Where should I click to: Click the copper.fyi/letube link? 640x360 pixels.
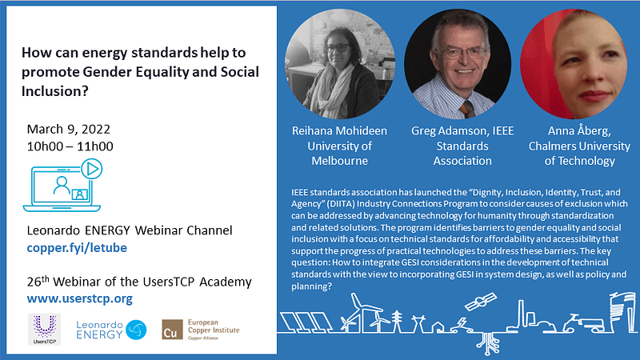click(x=77, y=248)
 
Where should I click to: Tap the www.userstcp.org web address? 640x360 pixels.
click(x=79, y=298)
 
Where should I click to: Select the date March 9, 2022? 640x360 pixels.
click(x=69, y=130)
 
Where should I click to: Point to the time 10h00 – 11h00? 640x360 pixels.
click(x=70, y=146)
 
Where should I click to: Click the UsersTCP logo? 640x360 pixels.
click(x=45, y=330)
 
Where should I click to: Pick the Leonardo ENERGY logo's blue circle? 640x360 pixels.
click(x=136, y=330)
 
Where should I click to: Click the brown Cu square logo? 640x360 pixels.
click(x=172, y=330)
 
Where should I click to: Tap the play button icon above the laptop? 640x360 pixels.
click(x=92, y=169)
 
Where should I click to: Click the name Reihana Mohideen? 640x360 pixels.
click(x=339, y=130)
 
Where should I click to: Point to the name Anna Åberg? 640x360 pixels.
click(x=579, y=130)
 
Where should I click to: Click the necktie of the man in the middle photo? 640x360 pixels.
click(x=467, y=110)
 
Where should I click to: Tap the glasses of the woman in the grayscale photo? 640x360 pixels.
click(x=338, y=48)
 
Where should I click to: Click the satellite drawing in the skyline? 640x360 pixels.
click(x=481, y=302)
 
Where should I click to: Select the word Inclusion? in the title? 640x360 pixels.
click(x=54, y=91)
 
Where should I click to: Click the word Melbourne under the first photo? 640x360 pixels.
click(x=339, y=161)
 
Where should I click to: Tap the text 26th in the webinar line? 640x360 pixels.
click(x=38, y=282)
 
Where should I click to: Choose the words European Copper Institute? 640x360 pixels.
click(x=214, y=326)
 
